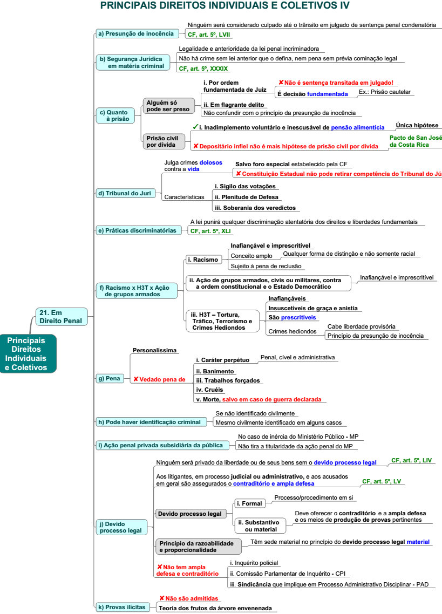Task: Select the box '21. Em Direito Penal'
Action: (x=60, y=317)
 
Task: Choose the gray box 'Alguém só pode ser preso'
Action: (x=168, y=106)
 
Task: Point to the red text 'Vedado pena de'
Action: (x=159, y=379)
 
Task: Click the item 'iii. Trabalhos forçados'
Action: (x=228, y=380)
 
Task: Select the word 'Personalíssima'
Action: (x=154, y=350)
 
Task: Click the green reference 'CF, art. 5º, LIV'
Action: (x=412, y=460)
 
